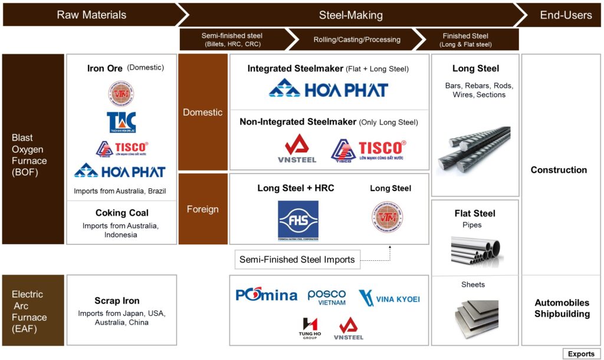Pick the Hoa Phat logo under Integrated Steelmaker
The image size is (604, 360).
329,89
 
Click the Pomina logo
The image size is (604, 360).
266,294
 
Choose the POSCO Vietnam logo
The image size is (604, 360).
326,297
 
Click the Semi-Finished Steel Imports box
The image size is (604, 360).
297,260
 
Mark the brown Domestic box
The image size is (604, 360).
203,112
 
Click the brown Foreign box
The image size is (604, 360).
203,209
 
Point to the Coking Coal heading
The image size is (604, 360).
122,213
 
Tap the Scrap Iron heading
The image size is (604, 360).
117,300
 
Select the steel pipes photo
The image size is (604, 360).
476,250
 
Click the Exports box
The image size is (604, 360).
580,354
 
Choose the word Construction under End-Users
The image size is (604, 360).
559,170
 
